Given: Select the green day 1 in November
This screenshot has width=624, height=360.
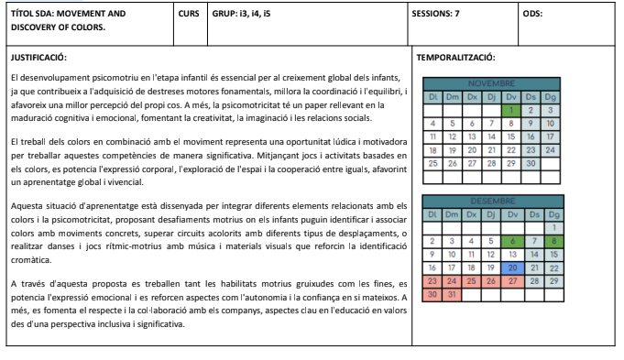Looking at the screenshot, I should tap(512, 109).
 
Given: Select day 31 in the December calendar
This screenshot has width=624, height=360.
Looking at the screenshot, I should tap(451, 295).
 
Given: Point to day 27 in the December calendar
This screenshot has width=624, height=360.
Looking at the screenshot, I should tap(512, 281).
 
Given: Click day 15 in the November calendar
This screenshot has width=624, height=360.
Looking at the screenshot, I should tap(512, 136).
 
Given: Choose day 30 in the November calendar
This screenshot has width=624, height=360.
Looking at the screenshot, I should tap(532, 163).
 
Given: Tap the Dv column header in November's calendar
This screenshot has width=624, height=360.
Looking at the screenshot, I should tap(512, 96).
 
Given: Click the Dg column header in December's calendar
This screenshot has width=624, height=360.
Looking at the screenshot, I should tap(553, 213).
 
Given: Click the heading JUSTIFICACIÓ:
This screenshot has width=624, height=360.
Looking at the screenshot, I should tap(38, 58).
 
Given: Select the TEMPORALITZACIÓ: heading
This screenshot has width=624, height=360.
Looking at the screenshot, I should tap(456, 58).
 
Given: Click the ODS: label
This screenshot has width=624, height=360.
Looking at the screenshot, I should tap(532, 15).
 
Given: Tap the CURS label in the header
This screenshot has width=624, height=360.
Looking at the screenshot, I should tap(189, 15).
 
